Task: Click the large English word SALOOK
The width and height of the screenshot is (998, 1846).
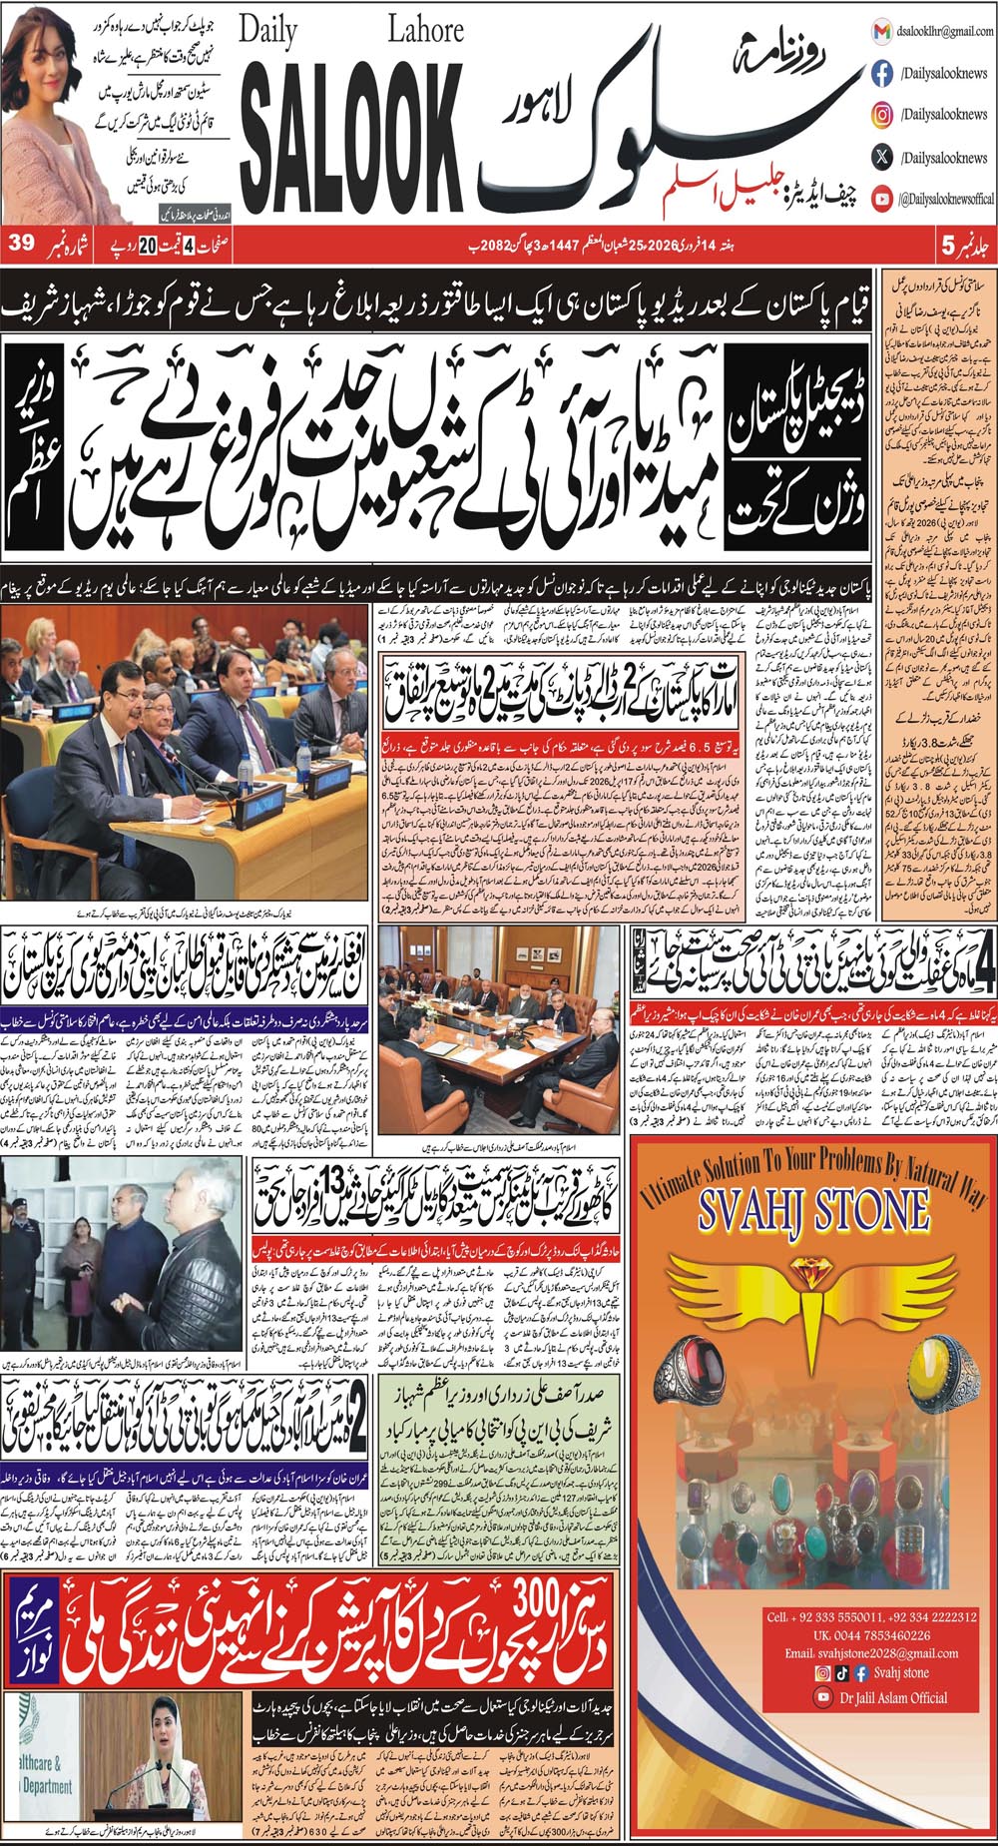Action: (345, 132)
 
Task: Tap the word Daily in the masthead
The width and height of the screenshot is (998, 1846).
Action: (268, 33)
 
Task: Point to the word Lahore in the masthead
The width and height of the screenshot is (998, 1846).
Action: (425, 31)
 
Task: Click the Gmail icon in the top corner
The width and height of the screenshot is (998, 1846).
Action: (882, 32)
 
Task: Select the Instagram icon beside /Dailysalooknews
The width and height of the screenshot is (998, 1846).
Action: (882, 115)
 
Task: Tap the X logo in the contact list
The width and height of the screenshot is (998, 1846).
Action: (882, 157)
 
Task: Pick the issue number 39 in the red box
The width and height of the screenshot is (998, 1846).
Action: (21, 244)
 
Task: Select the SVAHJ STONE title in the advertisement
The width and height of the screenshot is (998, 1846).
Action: (813, 1210)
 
